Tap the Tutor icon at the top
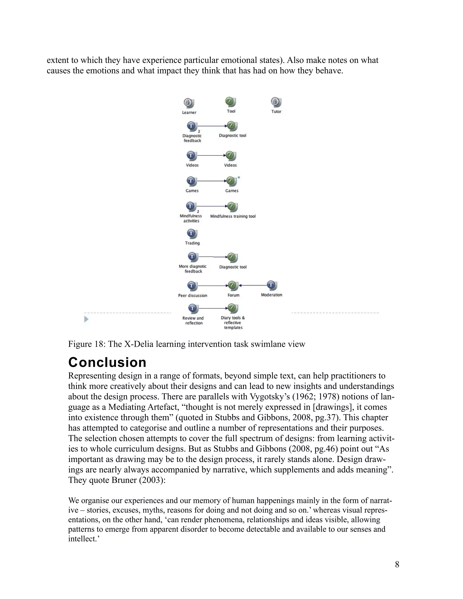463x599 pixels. coord(276,102)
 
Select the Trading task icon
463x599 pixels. coord(192,234)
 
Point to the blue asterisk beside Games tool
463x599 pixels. coord(239,178)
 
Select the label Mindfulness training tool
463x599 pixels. coord(233,216)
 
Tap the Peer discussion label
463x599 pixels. coord(193,295)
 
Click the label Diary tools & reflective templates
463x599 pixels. coord(233,323)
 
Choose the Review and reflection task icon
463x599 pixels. coord(192,308)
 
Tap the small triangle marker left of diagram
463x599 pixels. coord(86,319)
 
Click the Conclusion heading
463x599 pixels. coord(107,362)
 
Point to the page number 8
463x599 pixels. coord(397,564)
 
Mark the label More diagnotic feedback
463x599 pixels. coord(193,269)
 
